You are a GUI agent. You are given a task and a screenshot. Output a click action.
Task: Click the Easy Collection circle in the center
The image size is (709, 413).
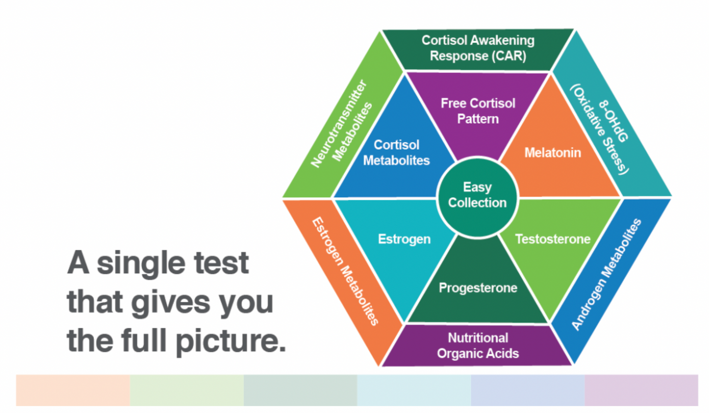tap(477, 195)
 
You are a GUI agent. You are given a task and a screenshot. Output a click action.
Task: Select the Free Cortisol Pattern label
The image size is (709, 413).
tap(477, 111)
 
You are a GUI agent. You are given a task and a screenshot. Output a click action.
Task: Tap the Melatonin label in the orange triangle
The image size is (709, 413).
tap(552, 153)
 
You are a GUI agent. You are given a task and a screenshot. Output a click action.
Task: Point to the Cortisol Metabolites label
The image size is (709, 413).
tap(396, 153)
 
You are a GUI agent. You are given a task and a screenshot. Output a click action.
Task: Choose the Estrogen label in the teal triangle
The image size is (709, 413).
tap(404, 239)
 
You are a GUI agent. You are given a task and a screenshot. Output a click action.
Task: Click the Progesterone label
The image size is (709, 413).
tap(477, 287)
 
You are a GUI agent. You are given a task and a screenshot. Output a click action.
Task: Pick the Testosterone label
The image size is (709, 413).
tap(552, 239)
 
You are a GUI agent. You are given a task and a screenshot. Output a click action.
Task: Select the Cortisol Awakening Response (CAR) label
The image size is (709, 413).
tap(477, 48)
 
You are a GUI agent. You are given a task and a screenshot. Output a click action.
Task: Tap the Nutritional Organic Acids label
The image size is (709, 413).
tap(477, 345)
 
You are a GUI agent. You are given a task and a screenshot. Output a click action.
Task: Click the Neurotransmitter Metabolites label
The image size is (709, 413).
tap(341, 124)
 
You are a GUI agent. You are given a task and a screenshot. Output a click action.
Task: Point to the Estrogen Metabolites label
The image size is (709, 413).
tap(346, 271)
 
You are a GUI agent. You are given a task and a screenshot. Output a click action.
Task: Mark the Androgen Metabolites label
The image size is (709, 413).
tap(606, 274)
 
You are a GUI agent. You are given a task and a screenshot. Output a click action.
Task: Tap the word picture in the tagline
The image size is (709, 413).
tap(230, 340)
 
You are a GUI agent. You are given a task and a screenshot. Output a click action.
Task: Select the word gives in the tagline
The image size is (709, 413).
tap(171, 302)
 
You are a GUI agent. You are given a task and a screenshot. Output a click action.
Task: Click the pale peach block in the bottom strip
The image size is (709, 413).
tap(73, 390)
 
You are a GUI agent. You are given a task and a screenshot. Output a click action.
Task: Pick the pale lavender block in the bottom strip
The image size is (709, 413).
tap(641, 390)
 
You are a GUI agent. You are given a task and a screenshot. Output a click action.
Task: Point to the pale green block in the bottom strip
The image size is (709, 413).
tap(186, 390)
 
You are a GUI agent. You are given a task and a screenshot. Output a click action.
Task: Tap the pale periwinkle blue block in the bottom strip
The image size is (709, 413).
tap(527, 390)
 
